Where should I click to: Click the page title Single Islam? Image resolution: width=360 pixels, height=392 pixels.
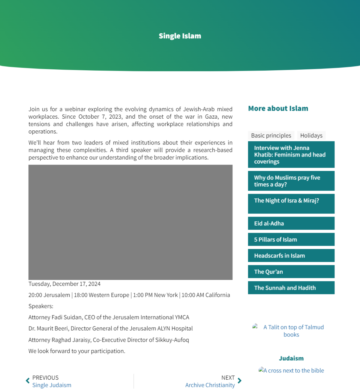[180, 36]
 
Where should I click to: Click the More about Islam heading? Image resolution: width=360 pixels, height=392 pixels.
[278, 108]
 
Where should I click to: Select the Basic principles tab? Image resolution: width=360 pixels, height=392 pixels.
[271, 135]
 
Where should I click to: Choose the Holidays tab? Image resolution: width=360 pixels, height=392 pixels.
[311, 135]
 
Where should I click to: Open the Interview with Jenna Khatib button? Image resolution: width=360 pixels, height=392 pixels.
[291, 154]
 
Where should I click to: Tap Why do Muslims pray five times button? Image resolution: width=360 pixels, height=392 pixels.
[291, 181]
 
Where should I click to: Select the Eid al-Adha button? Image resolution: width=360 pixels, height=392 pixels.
[291, 223]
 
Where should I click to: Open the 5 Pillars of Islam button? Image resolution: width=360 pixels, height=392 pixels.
[291, 239]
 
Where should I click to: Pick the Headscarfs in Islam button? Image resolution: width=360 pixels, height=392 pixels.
[291, 256]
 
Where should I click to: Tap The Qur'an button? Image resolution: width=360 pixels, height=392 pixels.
[291, 272]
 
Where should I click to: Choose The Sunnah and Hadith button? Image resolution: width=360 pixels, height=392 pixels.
[291, 288]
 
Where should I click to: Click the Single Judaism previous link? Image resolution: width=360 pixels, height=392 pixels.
[52, 385]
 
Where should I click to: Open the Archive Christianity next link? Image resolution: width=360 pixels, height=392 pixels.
[210, 385]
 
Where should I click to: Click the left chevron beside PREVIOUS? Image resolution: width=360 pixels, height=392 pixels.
[28, 381]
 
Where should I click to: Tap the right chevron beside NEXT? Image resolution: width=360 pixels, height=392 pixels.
[239, 381]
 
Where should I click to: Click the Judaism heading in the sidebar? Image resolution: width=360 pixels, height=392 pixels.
[291, 358]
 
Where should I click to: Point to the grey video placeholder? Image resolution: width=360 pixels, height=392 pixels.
[130, 222]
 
